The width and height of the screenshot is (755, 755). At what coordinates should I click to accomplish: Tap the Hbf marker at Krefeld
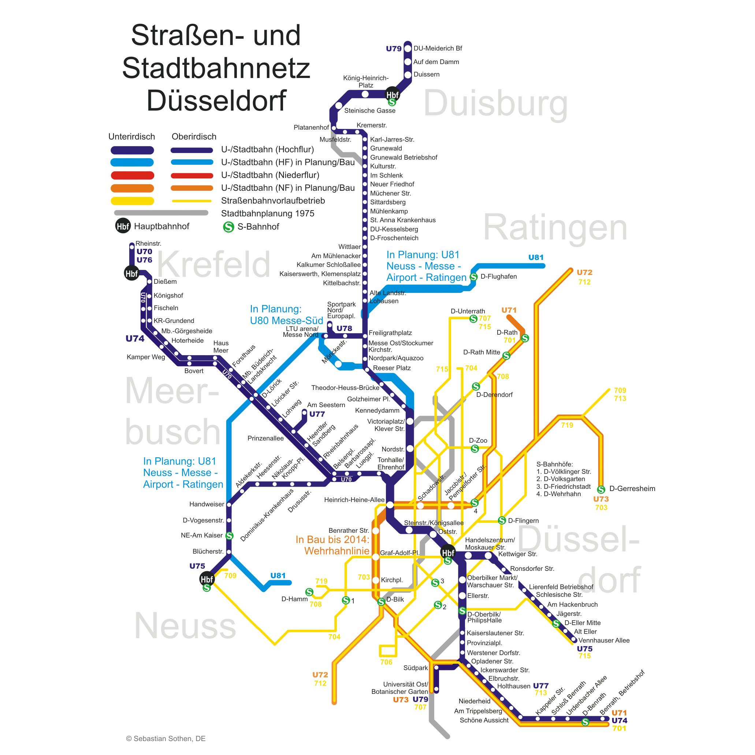[131, 273]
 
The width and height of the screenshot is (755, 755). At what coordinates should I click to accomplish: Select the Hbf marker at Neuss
[207, 579]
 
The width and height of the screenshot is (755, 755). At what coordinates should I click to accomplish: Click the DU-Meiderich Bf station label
[438, 48]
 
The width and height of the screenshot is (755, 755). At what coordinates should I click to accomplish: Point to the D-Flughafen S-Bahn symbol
[474, 277]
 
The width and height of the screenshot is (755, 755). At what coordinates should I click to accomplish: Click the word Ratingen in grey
[555, 228]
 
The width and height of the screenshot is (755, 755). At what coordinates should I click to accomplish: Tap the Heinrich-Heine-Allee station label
[354, 500]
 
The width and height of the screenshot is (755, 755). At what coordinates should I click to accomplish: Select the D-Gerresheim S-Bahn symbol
[601, 489]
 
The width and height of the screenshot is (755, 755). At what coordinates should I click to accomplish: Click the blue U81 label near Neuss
[278, 575]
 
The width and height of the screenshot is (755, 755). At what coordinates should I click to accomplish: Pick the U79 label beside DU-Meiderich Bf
[394, 49]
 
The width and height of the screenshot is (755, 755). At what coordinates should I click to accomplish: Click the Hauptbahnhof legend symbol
[123, 226]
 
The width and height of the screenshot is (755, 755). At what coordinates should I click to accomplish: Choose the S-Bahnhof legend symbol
[228, 227]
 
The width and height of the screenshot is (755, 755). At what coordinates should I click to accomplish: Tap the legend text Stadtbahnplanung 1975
[268, 213]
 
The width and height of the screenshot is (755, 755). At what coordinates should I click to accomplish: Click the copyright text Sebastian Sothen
[166, 739]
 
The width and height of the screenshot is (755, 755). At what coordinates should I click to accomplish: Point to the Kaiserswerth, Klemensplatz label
[320, 274]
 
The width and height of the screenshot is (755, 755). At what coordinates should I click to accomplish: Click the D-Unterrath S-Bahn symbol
[473, 319]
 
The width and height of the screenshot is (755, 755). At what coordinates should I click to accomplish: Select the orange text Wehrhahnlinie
[336, 551]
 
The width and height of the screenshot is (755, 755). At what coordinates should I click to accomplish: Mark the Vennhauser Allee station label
[604, 640]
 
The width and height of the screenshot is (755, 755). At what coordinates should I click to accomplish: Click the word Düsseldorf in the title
[216, 100]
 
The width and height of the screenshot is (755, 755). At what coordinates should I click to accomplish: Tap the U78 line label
[344, 328]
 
